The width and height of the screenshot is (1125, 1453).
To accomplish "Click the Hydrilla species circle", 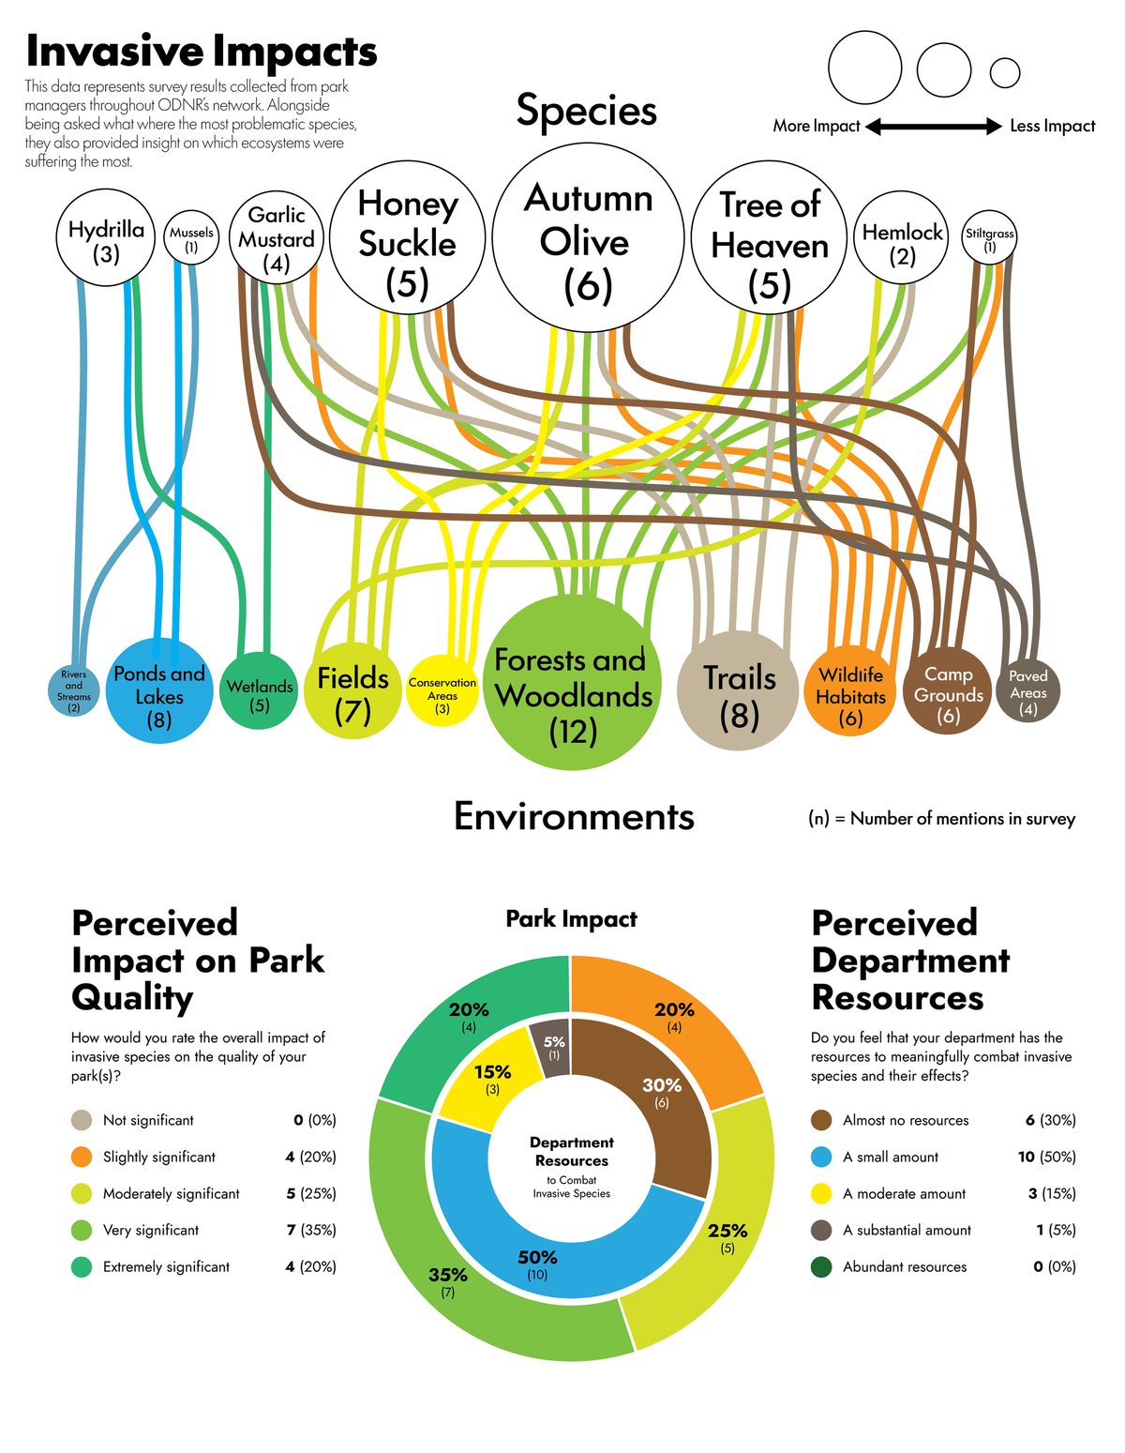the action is [x=106, y=237].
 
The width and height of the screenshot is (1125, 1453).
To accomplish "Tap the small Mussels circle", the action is [x=191, y=238].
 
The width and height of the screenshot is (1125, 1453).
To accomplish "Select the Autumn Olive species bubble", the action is [x=588, y=237].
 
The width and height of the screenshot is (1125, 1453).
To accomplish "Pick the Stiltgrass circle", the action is [x=989, y=237].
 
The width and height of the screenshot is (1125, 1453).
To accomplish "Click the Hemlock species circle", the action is [x=901, y=238].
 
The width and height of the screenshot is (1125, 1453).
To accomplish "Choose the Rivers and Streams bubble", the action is [x=73, y=690].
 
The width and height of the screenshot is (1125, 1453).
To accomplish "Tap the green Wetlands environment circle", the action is [x=259, y=691].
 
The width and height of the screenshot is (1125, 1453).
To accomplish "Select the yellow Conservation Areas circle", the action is [x=442, y=690].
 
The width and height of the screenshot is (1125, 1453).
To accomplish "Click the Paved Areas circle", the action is [x=1027, y=690].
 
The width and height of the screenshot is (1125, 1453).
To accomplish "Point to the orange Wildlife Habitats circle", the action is [x=849, y=691].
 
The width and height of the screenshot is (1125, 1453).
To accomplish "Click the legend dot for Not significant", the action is [x=82, y=1120].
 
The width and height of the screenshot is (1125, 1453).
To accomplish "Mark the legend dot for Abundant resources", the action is [x=821, y=1266].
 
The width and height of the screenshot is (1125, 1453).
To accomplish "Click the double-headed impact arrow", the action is [x=934, y=126].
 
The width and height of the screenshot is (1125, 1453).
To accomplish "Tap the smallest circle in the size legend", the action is [x=1005, y=72].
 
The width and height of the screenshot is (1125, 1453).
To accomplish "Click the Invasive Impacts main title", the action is [x=201, y=51].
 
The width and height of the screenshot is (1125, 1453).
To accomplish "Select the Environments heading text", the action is [x=574, y=816].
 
